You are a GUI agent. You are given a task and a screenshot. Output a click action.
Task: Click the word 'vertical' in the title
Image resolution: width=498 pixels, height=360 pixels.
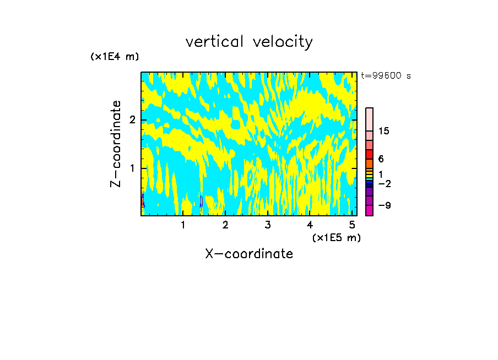point(215,42)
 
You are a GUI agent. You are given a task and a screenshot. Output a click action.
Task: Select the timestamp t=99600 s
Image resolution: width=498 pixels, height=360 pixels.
point(386,76)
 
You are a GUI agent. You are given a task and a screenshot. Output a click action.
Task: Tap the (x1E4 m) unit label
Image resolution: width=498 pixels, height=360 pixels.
point(115,57)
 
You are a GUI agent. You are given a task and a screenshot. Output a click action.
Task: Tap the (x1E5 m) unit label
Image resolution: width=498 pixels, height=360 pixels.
point(336,237)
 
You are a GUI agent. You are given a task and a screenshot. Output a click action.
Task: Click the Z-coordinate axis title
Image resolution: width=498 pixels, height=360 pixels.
point(116,144)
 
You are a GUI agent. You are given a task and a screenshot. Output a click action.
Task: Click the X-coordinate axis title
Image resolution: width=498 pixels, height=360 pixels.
point(249,254)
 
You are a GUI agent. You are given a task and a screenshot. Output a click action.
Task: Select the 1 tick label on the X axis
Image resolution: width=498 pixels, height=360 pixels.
point(183,225)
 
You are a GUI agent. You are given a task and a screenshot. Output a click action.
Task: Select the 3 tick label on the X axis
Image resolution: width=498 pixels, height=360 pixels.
point(267,225)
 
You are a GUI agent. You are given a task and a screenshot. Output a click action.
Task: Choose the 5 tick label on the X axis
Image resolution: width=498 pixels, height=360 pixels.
point(352,225)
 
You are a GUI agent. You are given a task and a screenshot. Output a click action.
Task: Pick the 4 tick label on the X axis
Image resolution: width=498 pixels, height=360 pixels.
point(310,225)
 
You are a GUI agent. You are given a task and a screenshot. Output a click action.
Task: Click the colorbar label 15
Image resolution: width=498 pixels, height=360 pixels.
point(384,131)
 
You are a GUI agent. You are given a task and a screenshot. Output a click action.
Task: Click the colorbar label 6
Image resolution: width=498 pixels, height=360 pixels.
point(381,159)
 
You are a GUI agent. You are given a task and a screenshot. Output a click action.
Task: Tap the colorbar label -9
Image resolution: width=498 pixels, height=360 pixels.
point(384,205)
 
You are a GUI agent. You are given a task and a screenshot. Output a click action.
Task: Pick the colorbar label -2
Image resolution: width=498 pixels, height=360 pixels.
point(384,183)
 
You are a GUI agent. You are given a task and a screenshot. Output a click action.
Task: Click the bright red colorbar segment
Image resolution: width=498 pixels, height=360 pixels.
point(369,154)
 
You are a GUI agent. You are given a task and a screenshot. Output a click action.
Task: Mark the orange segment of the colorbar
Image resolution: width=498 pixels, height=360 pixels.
point(369,163)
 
